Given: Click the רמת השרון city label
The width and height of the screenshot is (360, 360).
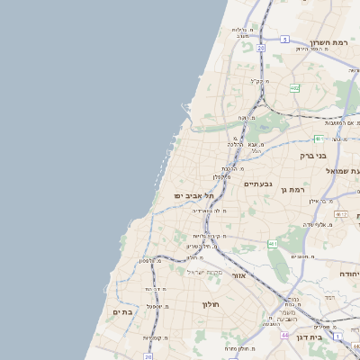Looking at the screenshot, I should coord(328,42).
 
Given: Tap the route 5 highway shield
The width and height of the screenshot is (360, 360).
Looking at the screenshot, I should coord(284,40).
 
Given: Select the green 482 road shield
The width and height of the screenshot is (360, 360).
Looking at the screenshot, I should coord(294,88).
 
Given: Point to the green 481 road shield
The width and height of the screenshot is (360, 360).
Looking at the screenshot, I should coord(319,138).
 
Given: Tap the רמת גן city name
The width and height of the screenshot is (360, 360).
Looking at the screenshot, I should coord(294,189).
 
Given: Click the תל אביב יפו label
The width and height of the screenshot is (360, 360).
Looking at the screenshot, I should coord(195,195).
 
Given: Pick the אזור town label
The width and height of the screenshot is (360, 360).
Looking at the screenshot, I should coord(238,275).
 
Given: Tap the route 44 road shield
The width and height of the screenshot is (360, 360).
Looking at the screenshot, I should coord(284,335).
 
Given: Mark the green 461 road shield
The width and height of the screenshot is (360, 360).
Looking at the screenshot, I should coord(272,243).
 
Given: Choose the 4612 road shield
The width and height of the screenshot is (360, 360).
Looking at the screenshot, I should coord(340,213).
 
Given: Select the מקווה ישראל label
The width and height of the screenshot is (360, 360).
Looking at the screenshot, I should coord(204,272).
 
